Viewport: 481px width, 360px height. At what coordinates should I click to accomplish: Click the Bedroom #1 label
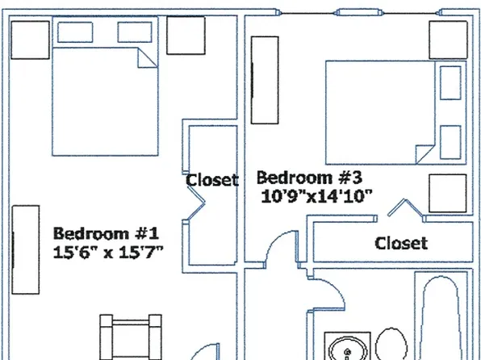(107, 234)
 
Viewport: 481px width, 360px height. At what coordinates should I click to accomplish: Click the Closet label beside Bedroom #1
(212, 179)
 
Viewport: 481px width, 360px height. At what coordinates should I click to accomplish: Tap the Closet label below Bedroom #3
(401, 242)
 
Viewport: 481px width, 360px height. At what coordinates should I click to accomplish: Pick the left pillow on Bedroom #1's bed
(74, 31)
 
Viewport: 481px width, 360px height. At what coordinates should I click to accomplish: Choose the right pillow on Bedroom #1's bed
(135, 31)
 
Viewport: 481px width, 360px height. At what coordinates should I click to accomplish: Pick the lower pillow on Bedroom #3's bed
(446, 140)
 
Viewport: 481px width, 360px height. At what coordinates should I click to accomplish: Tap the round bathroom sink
(347, 347)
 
